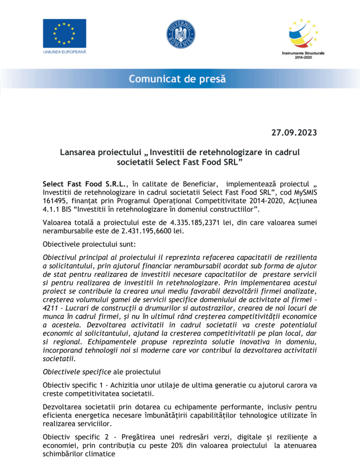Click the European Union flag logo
click(x=64, y=33)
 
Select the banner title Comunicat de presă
click(x=177, y=80)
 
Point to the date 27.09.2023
click(x=294, y=133)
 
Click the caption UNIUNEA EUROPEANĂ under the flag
click(x=64, y=52)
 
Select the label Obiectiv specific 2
click(x=74, y=437)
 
